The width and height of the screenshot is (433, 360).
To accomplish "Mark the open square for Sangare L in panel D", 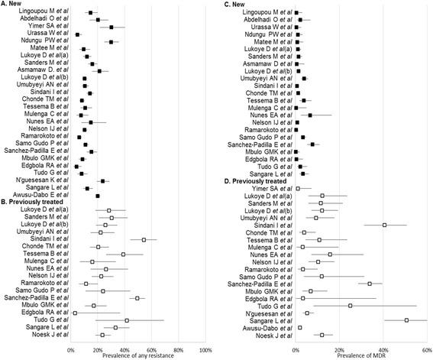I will (x=406, y=319).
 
